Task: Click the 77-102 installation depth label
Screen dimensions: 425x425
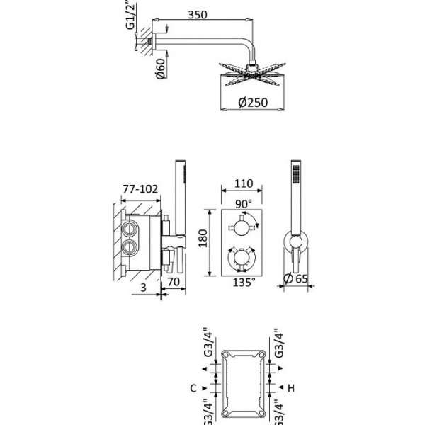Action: [x=140, y=189]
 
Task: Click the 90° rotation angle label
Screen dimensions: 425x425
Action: [x=243, y=203]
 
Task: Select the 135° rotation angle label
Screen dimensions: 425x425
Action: [x=243, y=283]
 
